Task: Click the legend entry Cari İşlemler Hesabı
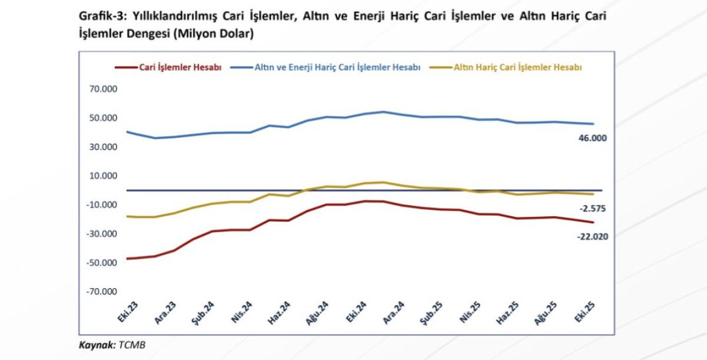click(180, 68)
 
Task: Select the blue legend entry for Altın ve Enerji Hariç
click(337, 68)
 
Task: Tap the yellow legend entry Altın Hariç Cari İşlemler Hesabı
click(518, 68)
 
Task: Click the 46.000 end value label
click(592, 138)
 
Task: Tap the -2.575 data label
click(592, 209)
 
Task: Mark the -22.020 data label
click(592, 236)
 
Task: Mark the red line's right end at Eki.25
click(593, 222)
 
